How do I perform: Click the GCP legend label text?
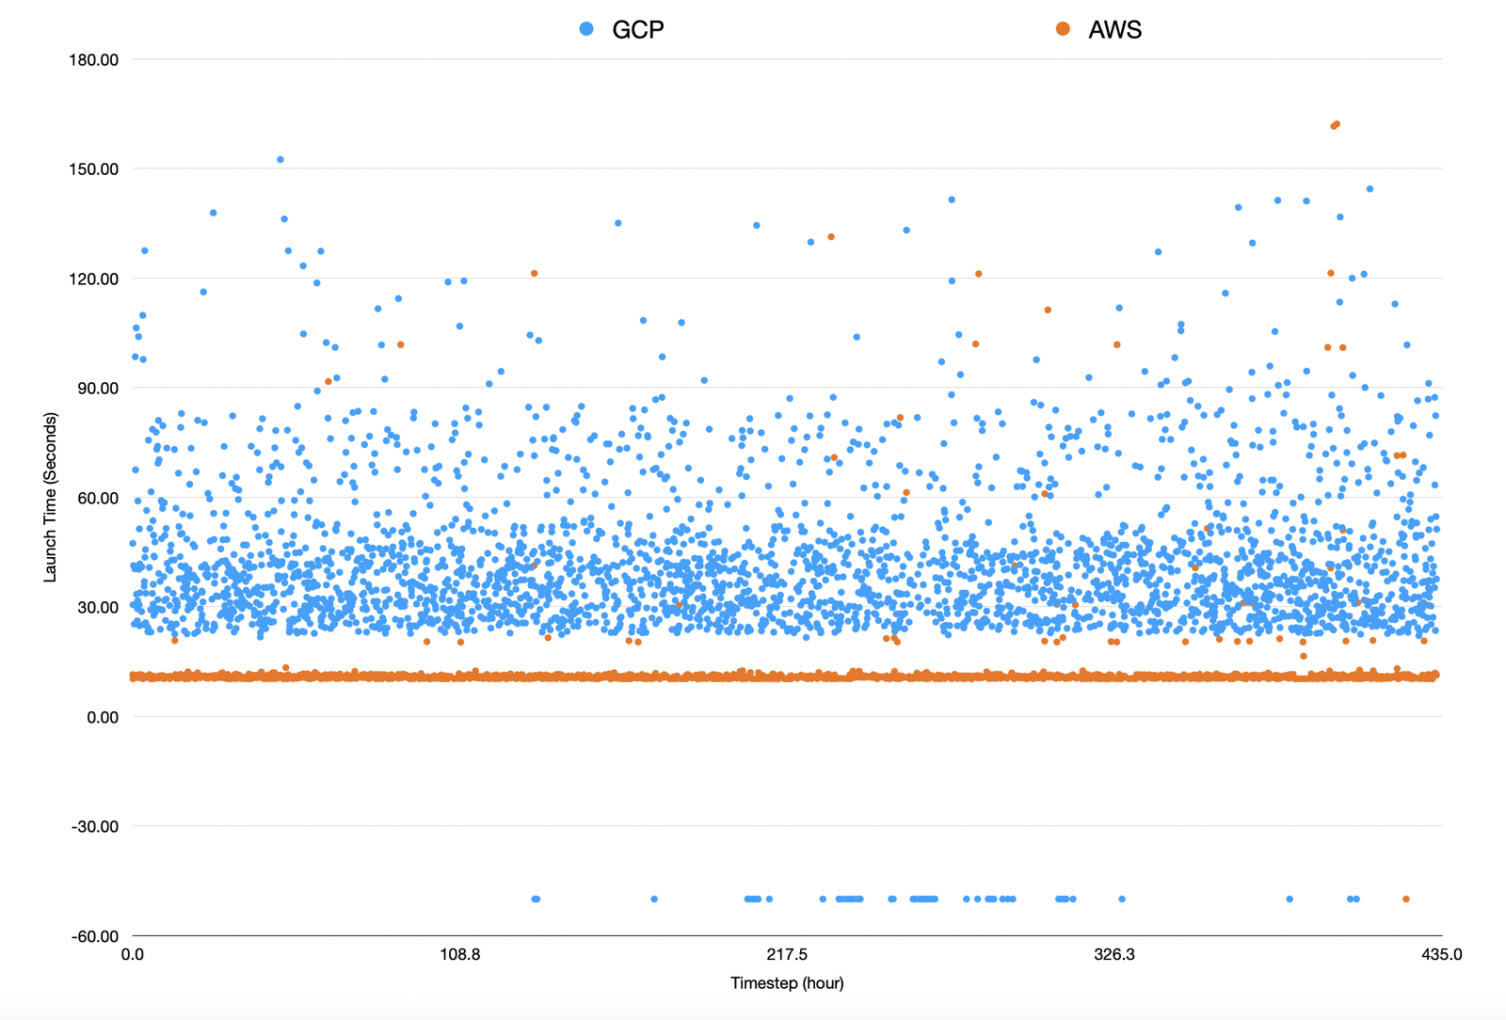637,30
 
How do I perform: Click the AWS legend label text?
1114,30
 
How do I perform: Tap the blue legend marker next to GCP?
586,29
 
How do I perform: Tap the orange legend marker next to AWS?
1063,29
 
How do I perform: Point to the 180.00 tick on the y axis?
94,60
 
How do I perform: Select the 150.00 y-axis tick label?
94,169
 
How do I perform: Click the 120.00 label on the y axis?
94,279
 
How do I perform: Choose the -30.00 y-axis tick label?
95,827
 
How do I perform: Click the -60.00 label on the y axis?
95,937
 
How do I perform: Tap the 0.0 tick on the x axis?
133,955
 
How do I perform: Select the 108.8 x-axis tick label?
459,955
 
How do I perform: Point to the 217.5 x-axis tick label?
787,955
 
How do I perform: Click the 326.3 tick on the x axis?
1114,955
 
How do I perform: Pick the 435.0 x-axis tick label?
1441,955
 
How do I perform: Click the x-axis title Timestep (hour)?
787,983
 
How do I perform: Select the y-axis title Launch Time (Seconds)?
51,497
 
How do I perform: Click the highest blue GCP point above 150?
280,160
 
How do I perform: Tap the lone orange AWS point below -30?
1406,900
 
